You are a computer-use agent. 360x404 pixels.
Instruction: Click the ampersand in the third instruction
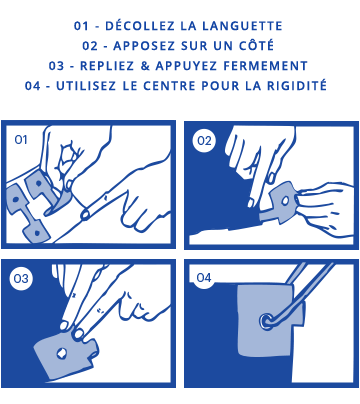coord(145,66)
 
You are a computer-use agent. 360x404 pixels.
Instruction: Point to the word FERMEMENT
coord(265,66)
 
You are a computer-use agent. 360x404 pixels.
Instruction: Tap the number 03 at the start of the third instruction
coord(56,66)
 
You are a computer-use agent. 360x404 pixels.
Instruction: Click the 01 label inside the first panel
coord(21,140)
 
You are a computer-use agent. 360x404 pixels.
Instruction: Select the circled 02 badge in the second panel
coord(204,141)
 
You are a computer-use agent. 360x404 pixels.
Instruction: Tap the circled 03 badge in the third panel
coord(21,278)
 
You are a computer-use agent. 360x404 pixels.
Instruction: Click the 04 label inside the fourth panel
coord(204,278)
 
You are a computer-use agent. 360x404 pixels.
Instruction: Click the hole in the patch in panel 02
coord(285,201)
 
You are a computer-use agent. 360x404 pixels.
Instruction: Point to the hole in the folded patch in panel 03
coord(61,354)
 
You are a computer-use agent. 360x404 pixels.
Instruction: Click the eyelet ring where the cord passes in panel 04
coord(266,321)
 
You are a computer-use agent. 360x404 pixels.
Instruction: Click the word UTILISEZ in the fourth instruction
coord(86,86)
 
